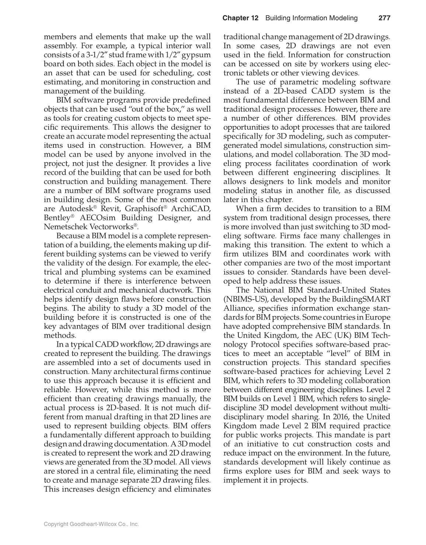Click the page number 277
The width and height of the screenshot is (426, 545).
point(384,18)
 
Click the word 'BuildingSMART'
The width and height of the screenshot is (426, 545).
point(360,299)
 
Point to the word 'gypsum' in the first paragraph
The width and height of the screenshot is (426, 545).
point(197,55)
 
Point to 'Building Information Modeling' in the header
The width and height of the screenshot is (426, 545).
point(311,18)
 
